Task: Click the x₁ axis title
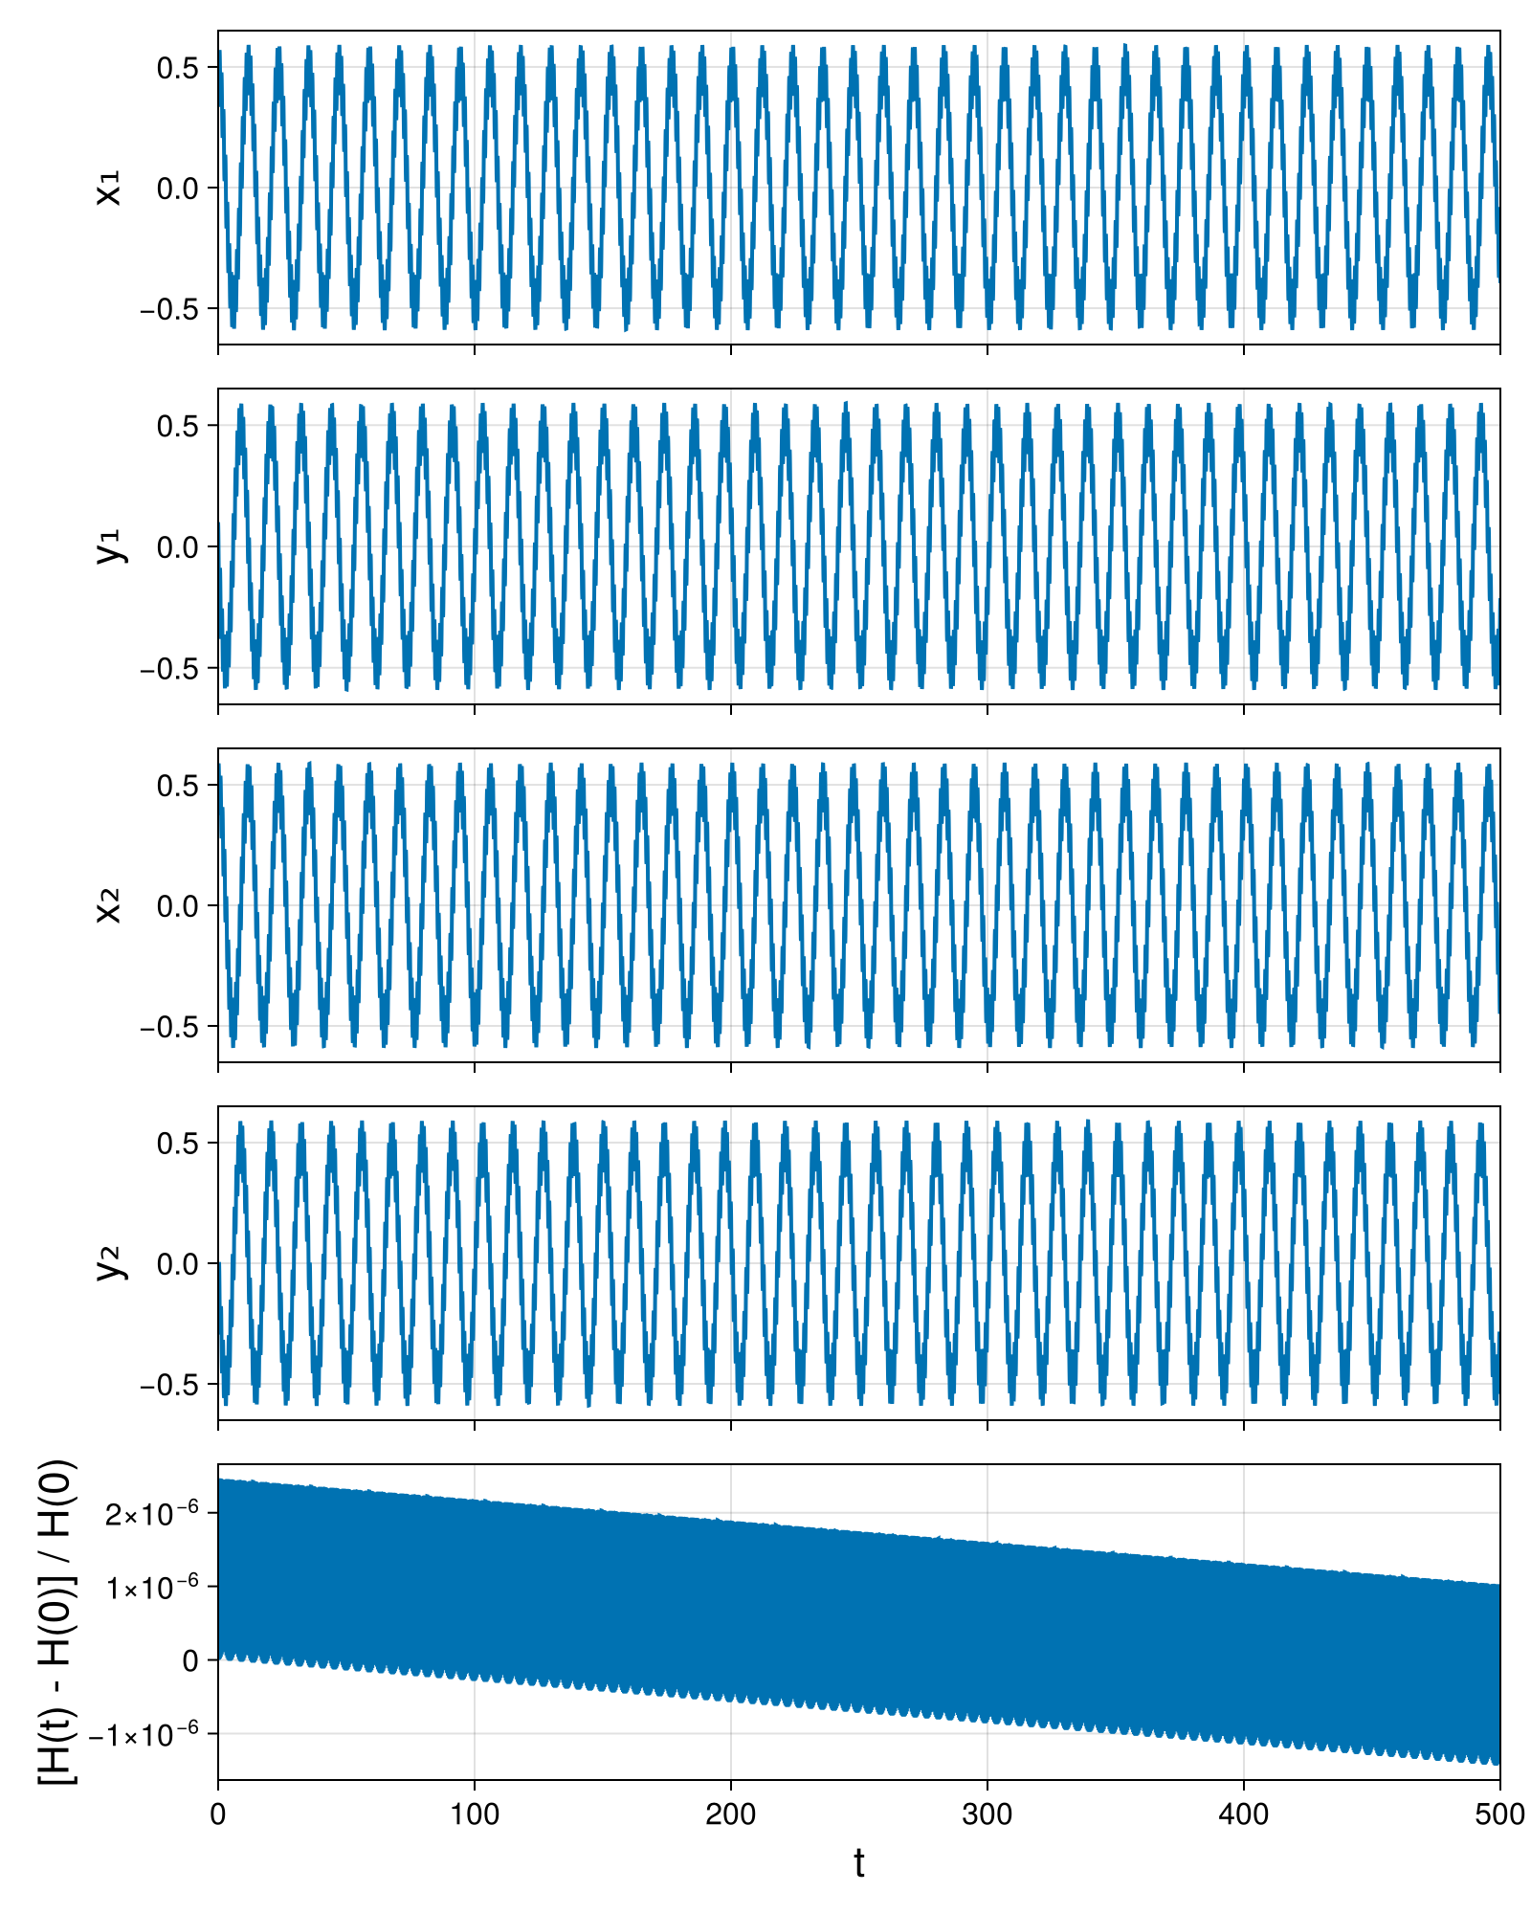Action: pos(110,188)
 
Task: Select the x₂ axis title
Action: pos(110,905)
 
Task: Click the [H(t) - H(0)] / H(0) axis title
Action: pos(57,1622)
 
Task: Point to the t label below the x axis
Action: pos(859,1862)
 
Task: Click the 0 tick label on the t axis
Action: pos(218,1814)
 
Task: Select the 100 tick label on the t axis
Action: pos(475,1814)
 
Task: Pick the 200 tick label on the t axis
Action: pos(731,1814)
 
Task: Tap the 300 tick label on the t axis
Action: pos(987,1814)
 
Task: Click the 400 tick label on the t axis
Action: pos(1244,1814)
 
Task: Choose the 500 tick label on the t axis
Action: pos(1499,1814)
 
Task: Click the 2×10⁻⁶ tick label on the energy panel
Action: pos(153,1514)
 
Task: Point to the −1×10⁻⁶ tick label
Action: pos(144,1733)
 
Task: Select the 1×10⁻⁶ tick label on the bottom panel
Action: pos(153,1588)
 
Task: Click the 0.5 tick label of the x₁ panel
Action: pos(178,68)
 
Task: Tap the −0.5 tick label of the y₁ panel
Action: pos(169,668)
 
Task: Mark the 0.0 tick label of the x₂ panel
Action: pos(178,905)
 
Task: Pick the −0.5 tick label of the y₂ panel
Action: pos(169,1385)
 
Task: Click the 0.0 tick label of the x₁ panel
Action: pos(178,189)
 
